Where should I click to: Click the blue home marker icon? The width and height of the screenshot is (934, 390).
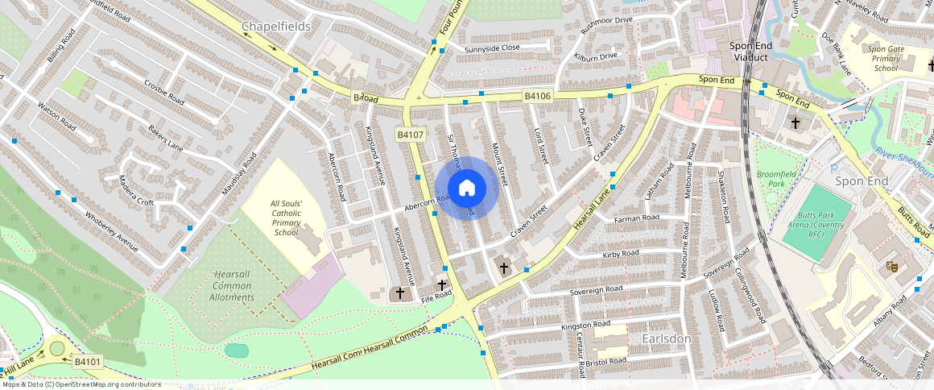[467, 189]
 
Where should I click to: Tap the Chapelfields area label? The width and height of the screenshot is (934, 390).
[275, 27]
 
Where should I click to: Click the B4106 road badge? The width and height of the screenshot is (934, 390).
[537, 97]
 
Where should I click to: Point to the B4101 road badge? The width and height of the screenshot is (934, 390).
[87, 363]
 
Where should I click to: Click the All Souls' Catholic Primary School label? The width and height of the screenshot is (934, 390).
[286, 218]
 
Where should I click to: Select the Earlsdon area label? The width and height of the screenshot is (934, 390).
[667, 338]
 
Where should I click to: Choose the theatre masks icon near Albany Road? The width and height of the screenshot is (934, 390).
[891, 265]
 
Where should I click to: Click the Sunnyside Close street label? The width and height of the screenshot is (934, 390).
[492, 48]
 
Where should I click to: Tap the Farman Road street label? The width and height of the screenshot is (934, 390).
[637, 218]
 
